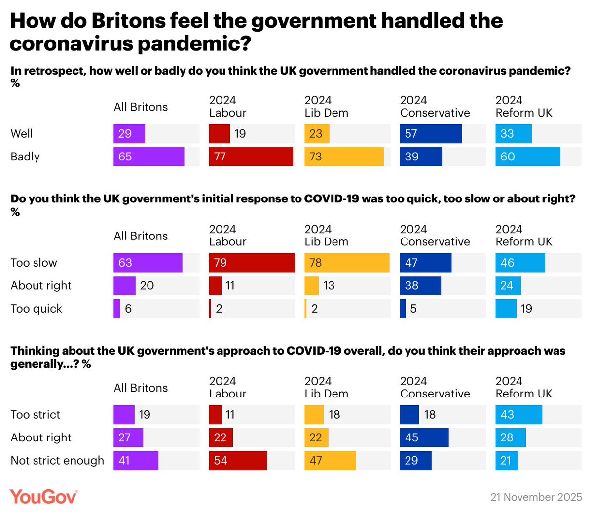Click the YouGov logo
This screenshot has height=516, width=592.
(x=44, y=496)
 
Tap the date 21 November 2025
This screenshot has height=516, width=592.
(x=536, y=497)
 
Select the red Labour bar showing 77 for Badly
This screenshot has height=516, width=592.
(x=251, y=157)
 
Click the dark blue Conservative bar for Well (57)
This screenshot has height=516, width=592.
(x=431, y=134)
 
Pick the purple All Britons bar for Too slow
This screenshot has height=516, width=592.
(x=148, y=263)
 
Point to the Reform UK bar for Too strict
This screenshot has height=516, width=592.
(x=518, y=415)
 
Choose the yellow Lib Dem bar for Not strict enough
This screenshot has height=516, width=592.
(x=330, y=461)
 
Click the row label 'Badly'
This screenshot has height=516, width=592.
(x=25, y=157)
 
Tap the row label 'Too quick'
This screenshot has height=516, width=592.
(x=37, y=309)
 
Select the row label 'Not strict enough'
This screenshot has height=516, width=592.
(x=57, y=461)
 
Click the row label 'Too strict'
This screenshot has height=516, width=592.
(x=36, y=415)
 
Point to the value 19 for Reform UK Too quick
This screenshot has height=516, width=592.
(x=526, y=309)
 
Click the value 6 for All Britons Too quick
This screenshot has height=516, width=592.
(x=128, y=309)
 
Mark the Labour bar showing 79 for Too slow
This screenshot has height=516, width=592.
(x=252, y=263)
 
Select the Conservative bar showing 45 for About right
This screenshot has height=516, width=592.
(x=424, y=437)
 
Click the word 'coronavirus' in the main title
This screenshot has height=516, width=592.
(x=71, y=44)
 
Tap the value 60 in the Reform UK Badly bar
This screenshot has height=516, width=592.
(x=507, y=157)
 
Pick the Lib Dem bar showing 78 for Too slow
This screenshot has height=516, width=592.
(x=347, y=263)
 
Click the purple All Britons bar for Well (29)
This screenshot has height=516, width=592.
(x=129, y=134)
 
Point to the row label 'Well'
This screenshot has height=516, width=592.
(x=22, y=134)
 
